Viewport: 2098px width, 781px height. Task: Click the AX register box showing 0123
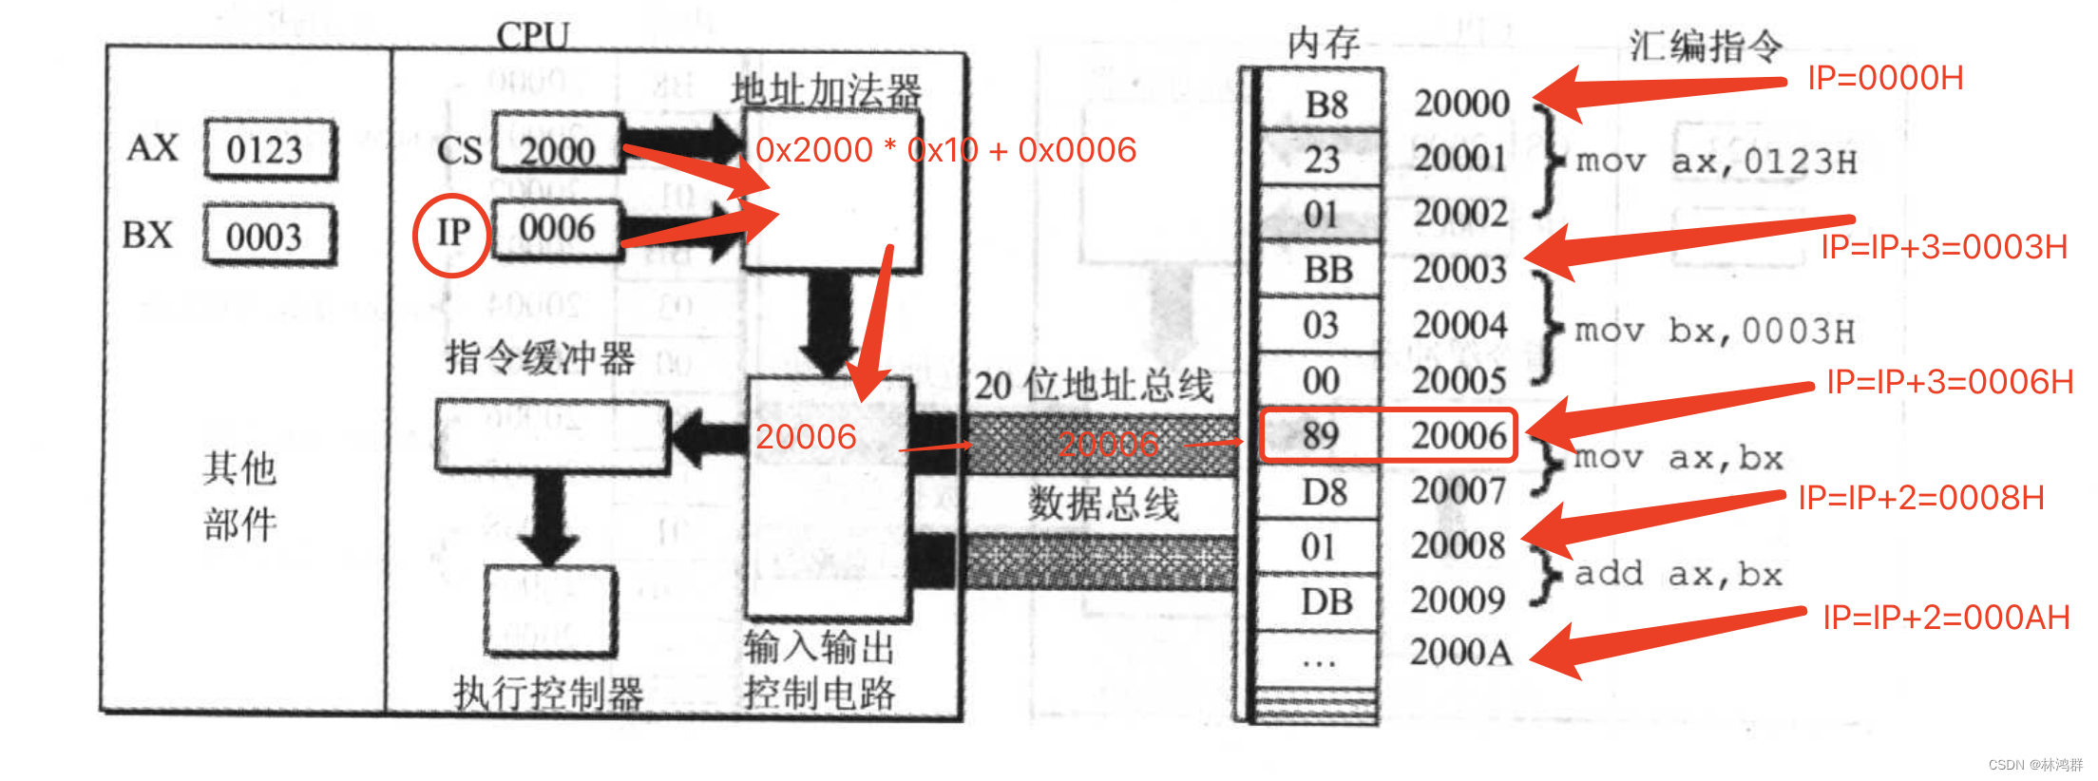point(269,149)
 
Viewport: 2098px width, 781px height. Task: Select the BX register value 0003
point(269,236)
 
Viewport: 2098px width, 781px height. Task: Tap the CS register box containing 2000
point(557,150)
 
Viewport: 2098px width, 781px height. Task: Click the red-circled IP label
point(452,234)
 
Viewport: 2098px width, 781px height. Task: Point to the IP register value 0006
point(557,229)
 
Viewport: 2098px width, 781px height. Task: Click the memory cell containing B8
point(1325,104)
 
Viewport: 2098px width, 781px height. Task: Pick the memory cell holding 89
point(1321,436)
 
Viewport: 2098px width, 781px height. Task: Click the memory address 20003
point(1459,270)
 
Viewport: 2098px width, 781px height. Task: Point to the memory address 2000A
point(1459,653)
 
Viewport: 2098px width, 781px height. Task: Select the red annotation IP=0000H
point(1885,78)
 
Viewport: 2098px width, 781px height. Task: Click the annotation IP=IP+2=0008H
point(1920,498)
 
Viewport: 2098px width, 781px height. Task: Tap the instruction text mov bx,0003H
point(1714,331)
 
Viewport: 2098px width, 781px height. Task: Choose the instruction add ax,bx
point(1678,574)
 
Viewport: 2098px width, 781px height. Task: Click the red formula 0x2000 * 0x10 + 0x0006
point(945,150)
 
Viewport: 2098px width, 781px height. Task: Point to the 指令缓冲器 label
point(540,358)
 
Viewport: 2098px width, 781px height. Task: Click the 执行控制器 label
point(548,694)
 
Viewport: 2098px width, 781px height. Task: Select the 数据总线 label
point(1103,503)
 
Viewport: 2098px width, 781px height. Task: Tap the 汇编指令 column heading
point(1706,45)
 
